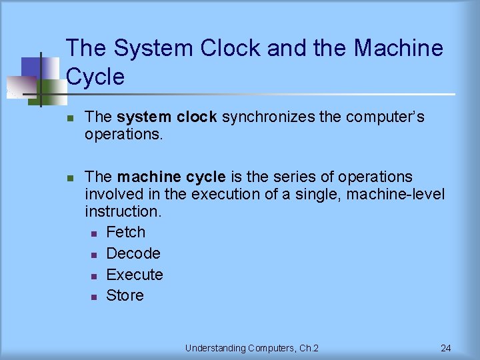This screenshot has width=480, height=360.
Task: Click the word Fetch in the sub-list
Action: tap(125, 232)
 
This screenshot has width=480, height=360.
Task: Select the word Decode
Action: tap(133, 253)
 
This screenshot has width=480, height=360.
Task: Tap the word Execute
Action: tap(135, 275)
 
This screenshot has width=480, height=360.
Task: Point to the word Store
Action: tap(125, 295)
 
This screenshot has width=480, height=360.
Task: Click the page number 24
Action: tap(446, 348)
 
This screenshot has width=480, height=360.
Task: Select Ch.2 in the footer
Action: tap(307, 348)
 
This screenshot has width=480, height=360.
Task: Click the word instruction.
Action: tap(123, 212)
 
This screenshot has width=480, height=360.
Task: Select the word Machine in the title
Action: tap(398, 48)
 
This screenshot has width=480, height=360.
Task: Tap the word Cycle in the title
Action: tap(95, 77)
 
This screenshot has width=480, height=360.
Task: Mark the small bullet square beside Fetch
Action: tap(94, 233)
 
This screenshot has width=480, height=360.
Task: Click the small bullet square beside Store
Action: tap(94, 297)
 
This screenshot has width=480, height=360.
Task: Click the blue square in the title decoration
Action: tap(31, 67)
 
